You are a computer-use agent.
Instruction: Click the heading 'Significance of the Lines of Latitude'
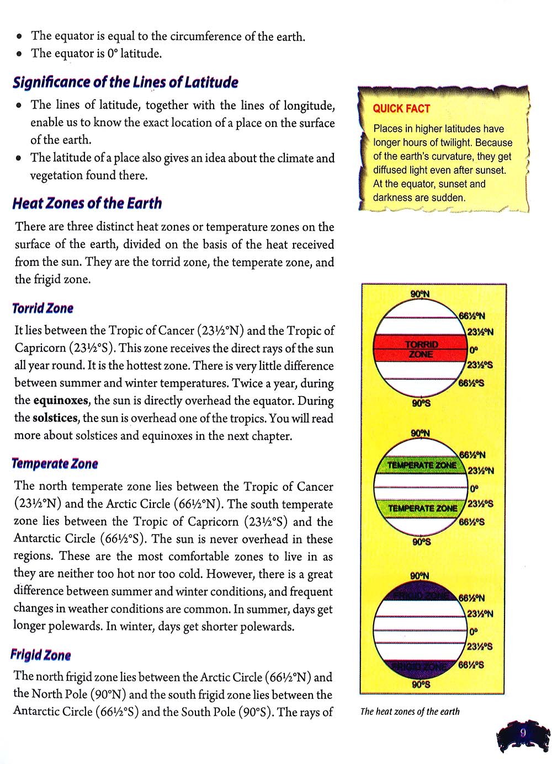click(125, 83)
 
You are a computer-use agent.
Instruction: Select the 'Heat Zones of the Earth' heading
click(87, 204)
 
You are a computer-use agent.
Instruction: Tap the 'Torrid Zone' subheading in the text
click(43, 308)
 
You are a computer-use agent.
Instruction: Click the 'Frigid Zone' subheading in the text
click(41, 655)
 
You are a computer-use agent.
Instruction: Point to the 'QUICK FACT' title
click(401, 109)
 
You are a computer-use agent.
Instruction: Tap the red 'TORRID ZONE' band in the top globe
click(421, 349)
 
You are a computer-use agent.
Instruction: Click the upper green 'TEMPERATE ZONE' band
click(422, 466)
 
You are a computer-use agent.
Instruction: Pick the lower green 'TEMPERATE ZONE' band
click(422, 508)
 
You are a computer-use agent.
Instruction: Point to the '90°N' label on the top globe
click(420, 294)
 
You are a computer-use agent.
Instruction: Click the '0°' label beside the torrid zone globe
click(473, 349)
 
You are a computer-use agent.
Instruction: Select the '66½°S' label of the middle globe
click(472, 521)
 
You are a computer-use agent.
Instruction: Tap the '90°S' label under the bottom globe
click(421, 685)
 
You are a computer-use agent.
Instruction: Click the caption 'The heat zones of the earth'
click(410, 712)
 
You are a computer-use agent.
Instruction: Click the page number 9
click(522, 733)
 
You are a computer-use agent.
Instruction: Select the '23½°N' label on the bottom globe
click(480, 614)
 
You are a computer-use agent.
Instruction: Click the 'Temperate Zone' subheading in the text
click(55, 464)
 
